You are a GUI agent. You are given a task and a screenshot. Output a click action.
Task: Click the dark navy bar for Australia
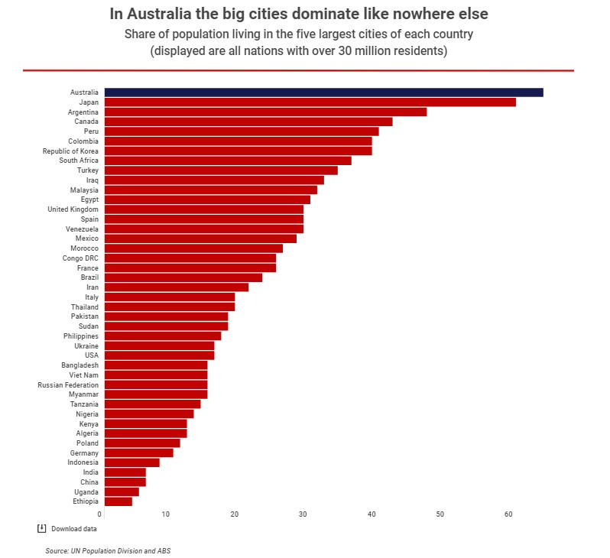(323, 92)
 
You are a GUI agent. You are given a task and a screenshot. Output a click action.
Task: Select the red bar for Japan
(310, 102)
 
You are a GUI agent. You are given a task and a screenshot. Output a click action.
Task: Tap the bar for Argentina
(265, 112)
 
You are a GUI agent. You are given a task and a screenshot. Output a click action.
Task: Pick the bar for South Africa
(228, 161)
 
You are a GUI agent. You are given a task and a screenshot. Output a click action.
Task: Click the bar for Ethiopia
(118, 501)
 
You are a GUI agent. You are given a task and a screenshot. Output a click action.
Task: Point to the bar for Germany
(138, 453)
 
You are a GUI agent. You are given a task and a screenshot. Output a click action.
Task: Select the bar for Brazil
(183, 277)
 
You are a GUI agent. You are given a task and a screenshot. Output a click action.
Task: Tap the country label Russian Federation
(68, 384)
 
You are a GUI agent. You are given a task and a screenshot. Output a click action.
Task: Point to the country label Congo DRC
(80, 258)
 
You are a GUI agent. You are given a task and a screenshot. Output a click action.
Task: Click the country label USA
(91, 355)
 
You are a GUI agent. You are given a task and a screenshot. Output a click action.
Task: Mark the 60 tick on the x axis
(508, 514)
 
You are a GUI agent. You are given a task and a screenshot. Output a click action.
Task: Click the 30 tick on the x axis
(304, 514)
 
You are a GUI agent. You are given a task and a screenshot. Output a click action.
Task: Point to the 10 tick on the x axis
(166, 514)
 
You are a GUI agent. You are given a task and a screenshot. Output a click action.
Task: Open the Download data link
(75, 529)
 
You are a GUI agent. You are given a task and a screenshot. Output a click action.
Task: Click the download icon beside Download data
(41, 528)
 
